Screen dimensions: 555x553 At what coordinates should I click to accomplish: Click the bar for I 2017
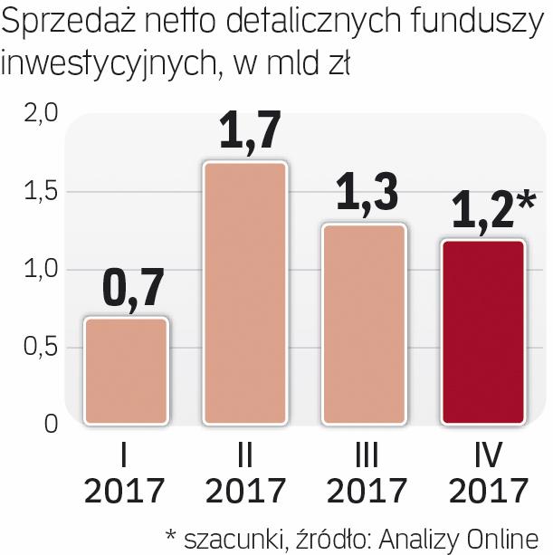point(125,371)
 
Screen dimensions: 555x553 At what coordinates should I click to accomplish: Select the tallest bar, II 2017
point(244,293)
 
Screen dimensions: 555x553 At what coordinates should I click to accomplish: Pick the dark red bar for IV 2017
point(484,332)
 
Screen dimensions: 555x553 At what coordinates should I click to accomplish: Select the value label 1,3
point(365,196)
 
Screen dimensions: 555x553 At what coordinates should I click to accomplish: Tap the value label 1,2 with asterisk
point(489,212)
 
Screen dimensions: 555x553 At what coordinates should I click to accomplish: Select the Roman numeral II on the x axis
point(244,454)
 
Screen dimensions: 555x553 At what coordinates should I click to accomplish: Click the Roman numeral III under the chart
point(366,454)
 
